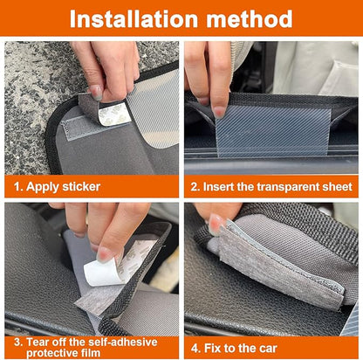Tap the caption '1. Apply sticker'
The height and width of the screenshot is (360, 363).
(57, 186)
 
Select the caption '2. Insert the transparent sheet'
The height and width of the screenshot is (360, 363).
(272, 186)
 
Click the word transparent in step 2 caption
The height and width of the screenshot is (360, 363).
(287, 186)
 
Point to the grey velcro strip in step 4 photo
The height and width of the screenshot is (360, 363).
(271, 267)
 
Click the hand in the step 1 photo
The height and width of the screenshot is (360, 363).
(105, 66)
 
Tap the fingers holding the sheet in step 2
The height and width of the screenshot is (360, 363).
(209, 79)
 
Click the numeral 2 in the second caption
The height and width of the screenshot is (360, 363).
(196, 186)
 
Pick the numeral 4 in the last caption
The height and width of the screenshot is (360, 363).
(196, 347)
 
